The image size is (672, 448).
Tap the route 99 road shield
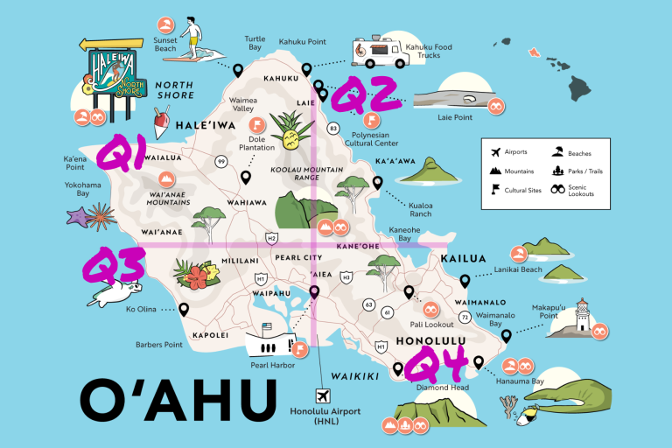coord(222,161)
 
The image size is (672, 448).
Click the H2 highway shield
coord(272,237)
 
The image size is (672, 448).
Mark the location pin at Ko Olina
coord(184,309)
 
